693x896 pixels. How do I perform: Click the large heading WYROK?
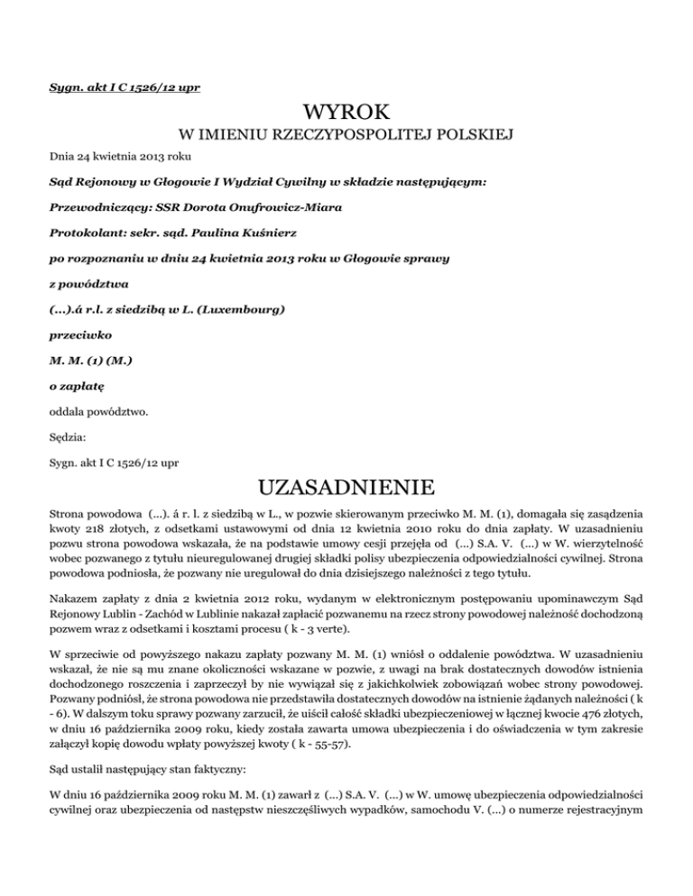coord(346,113)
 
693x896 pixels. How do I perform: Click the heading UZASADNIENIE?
coord(346,487)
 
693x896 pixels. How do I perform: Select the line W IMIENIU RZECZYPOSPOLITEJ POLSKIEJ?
coord(346,136)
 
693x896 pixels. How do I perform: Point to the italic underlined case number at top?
coord(124,87)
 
